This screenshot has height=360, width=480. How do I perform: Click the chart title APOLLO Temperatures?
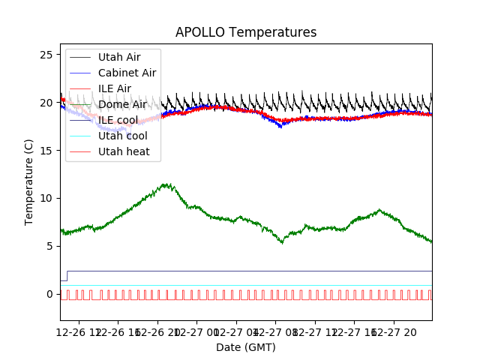pyautogui.click(x=246, y=32)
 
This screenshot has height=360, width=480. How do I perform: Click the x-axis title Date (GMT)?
pyautogui.click(x=246, y=347)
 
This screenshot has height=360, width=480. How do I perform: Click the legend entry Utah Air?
pyautogui.click(x=119, y=57)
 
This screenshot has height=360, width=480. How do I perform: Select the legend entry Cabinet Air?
pyautogui.click(x=127, y=73)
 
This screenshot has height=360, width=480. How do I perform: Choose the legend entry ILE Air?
pyautogui.click(x=115, y=88)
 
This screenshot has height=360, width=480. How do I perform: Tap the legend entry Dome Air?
pyautogui.click(x=122, y=104)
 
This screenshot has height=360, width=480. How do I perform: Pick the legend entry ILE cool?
pyautogui.click(x=118, y=120)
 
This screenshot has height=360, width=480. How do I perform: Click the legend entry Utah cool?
pyautogui.click(x=122, y=136)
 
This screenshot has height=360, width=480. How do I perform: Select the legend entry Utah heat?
pyautogui.click(x=124, y=151)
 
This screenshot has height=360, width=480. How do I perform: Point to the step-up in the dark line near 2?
pyautogui.click(x=67, y=275)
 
